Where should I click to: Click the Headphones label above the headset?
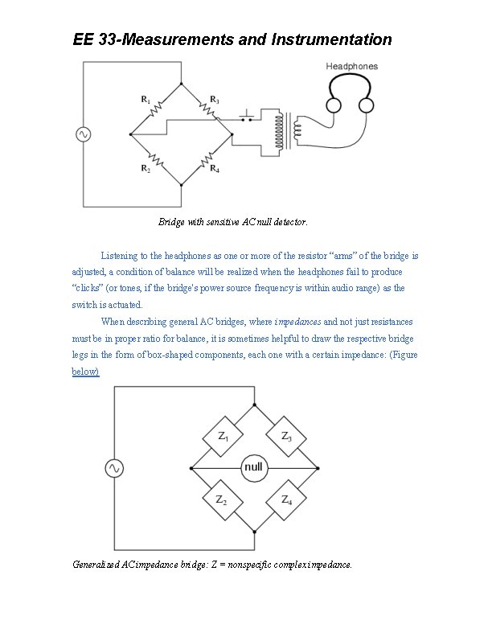pos(351,66)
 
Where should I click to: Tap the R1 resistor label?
pos(146,100)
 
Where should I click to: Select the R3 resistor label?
pos(214,100)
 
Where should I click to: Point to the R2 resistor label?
pos(146,168)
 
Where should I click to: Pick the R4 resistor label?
pos(214,168)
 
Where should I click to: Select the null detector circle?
pos(253,467)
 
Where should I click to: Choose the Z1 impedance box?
pos(223,436)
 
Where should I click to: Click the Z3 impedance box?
pos(286,436)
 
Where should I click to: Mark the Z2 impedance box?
pos(223,499)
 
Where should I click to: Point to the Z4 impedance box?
pos(286,499)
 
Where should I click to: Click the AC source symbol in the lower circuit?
pos(114,467)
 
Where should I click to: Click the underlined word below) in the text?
pos(86,372)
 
